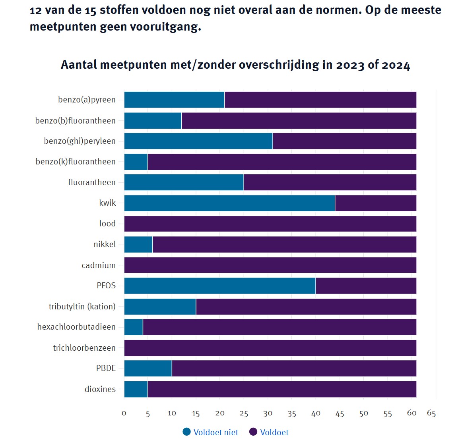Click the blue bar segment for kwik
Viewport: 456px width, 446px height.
pyautogui.click(x=229, y=203)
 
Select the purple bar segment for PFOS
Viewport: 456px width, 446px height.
pyautogui.click(x=366, y=286)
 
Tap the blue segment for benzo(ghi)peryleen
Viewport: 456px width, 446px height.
pyautogui.click(x=198, y=141)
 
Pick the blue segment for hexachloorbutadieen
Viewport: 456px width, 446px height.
pyautogui.click(x=134, y=327)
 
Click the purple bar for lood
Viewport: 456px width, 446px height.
pyautogui.click(x=270, y=224)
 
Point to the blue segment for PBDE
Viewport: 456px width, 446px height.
pyautogui.click(x=148, y=369)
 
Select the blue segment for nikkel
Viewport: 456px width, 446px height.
pyautogui.click(x=138, y=245)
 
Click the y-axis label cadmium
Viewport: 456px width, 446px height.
pyautogui.click(x=99, y=265)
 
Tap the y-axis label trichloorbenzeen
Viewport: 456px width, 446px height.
pyautogui.click(x=84, y=348)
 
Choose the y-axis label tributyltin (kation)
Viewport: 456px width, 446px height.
pyautogui.click(x=82, y=307)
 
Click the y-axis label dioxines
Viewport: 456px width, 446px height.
pyautogui.click(x=100, y=389)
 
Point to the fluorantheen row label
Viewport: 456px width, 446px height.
pyautogui.click(x=92, y=183)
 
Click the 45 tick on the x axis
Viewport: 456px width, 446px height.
pyautogui.click(x=340, y=413)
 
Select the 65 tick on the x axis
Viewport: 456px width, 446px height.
pyautogui.click(x=431, y=413)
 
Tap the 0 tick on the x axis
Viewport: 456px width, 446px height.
pyautogui.click(x=124, y=413)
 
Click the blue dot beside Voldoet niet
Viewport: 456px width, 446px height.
pyautogui.click(x=187, y=432)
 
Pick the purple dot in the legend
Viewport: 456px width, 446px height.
pyautogui.click(x=253, y=432)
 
